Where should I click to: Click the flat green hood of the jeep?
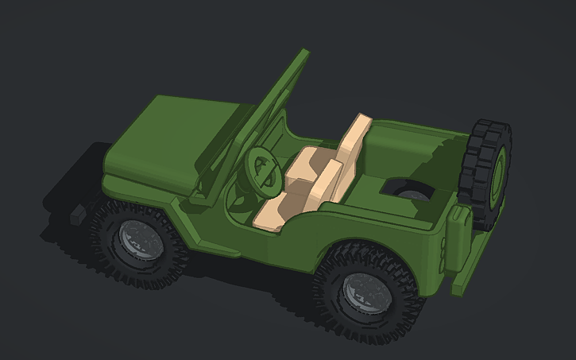pyautogui.click(x=171, y=139)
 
